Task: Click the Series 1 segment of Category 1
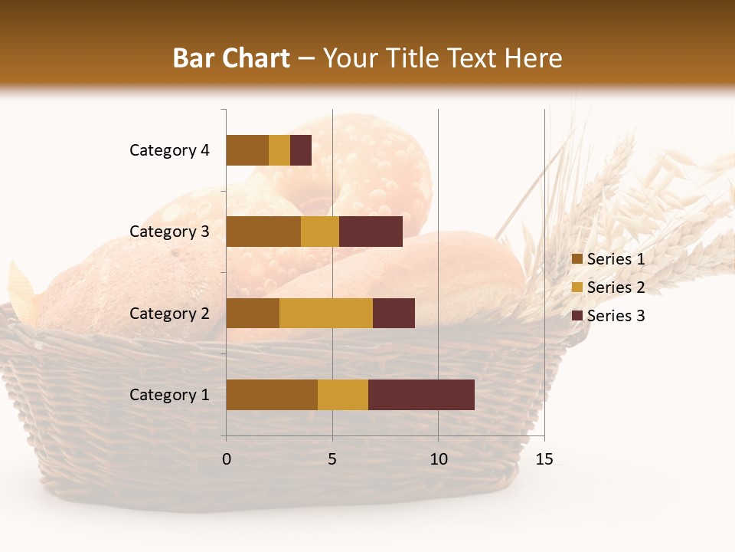272,395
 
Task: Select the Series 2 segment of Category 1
343,395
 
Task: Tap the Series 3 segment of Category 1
421,395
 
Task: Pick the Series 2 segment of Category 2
326,313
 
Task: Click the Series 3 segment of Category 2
394,313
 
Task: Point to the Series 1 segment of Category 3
263,232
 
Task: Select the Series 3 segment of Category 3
371,232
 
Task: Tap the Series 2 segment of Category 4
279,150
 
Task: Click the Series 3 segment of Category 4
301,150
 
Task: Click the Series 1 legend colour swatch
577,259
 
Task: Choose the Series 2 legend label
616,287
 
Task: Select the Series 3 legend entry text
616,316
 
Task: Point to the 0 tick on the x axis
227,459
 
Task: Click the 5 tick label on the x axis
332,459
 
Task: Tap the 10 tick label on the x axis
438,459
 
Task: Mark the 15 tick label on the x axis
544,459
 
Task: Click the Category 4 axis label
169,150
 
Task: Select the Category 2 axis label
169,313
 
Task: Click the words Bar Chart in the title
231,58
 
